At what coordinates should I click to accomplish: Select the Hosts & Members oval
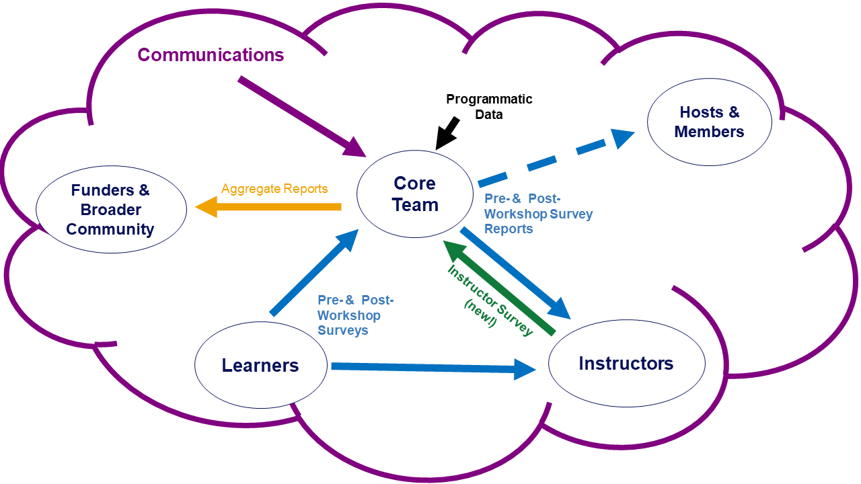(709, 122)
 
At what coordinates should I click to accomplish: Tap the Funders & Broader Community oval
(110, 209)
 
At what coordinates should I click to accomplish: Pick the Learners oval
(260, 366)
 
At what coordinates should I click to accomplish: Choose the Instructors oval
(626, 364)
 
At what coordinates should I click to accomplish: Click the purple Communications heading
(211, 55)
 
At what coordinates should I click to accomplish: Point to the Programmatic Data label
(489, 107)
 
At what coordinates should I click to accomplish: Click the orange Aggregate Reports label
(274, 189)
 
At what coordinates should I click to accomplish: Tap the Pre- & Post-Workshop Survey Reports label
(538, 214)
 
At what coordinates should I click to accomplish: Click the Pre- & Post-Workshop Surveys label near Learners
(355, 315)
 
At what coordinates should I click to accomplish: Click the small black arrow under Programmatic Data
(447, 132)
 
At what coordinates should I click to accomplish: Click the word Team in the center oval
(415, 204)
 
